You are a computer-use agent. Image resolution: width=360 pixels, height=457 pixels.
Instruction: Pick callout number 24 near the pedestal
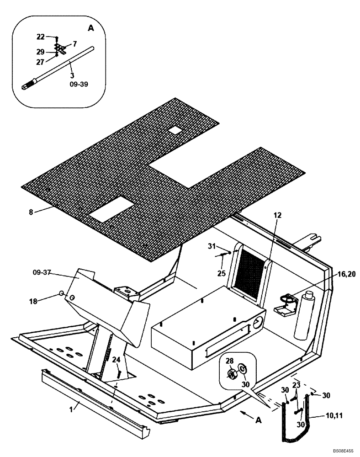coord(117,360)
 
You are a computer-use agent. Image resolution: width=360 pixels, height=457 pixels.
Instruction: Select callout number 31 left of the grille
coord(212,247)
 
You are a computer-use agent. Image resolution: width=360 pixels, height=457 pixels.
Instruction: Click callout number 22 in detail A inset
coord(41,37)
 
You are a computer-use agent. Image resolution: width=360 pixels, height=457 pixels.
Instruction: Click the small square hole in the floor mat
coord(175,130)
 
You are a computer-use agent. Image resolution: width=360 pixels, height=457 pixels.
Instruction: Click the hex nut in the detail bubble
coord(232,374)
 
